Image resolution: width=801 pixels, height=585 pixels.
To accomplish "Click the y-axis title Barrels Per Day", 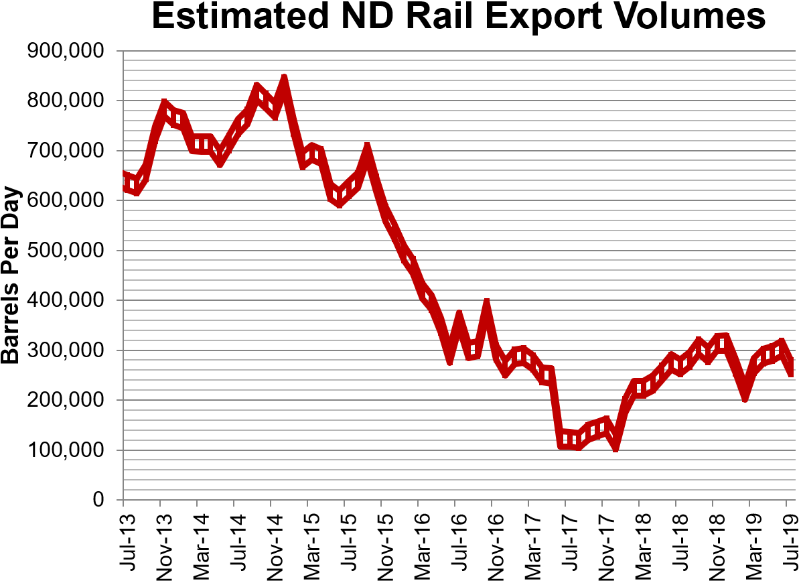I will (x=11, y=275).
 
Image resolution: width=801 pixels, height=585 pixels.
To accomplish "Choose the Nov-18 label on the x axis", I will (x=713, y=541).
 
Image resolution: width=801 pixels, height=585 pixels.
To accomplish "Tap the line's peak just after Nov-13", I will (x=165, y=106).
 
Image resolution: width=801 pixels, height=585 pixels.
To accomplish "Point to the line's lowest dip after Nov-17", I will (x=615, y=447).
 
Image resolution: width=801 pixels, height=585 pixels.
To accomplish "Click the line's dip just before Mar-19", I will (x=744, y=397).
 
